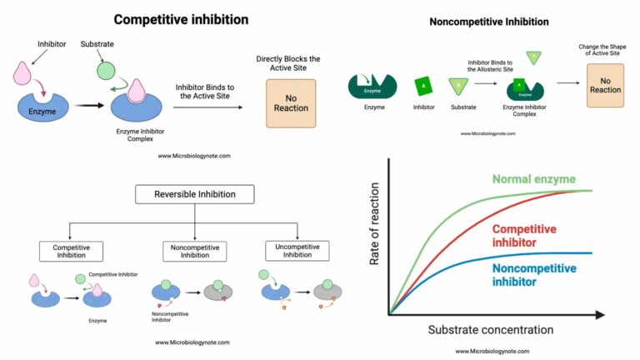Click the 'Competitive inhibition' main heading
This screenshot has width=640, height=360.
pos(181,19)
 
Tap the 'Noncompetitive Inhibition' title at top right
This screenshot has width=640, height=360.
pos(490,22)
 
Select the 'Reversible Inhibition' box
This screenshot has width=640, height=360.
pos(195,195)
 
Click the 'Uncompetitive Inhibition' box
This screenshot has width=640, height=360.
pos(297,250)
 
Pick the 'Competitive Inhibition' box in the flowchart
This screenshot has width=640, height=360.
pos(71,250)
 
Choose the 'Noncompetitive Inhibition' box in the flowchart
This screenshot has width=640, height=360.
pos(195,250)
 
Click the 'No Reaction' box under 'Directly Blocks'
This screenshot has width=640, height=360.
pos(291,103)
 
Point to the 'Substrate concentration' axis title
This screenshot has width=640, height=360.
pos(491,329)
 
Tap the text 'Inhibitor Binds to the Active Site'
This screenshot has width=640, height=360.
pos(209,91)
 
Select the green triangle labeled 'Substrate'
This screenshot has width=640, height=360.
pos(457,86)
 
